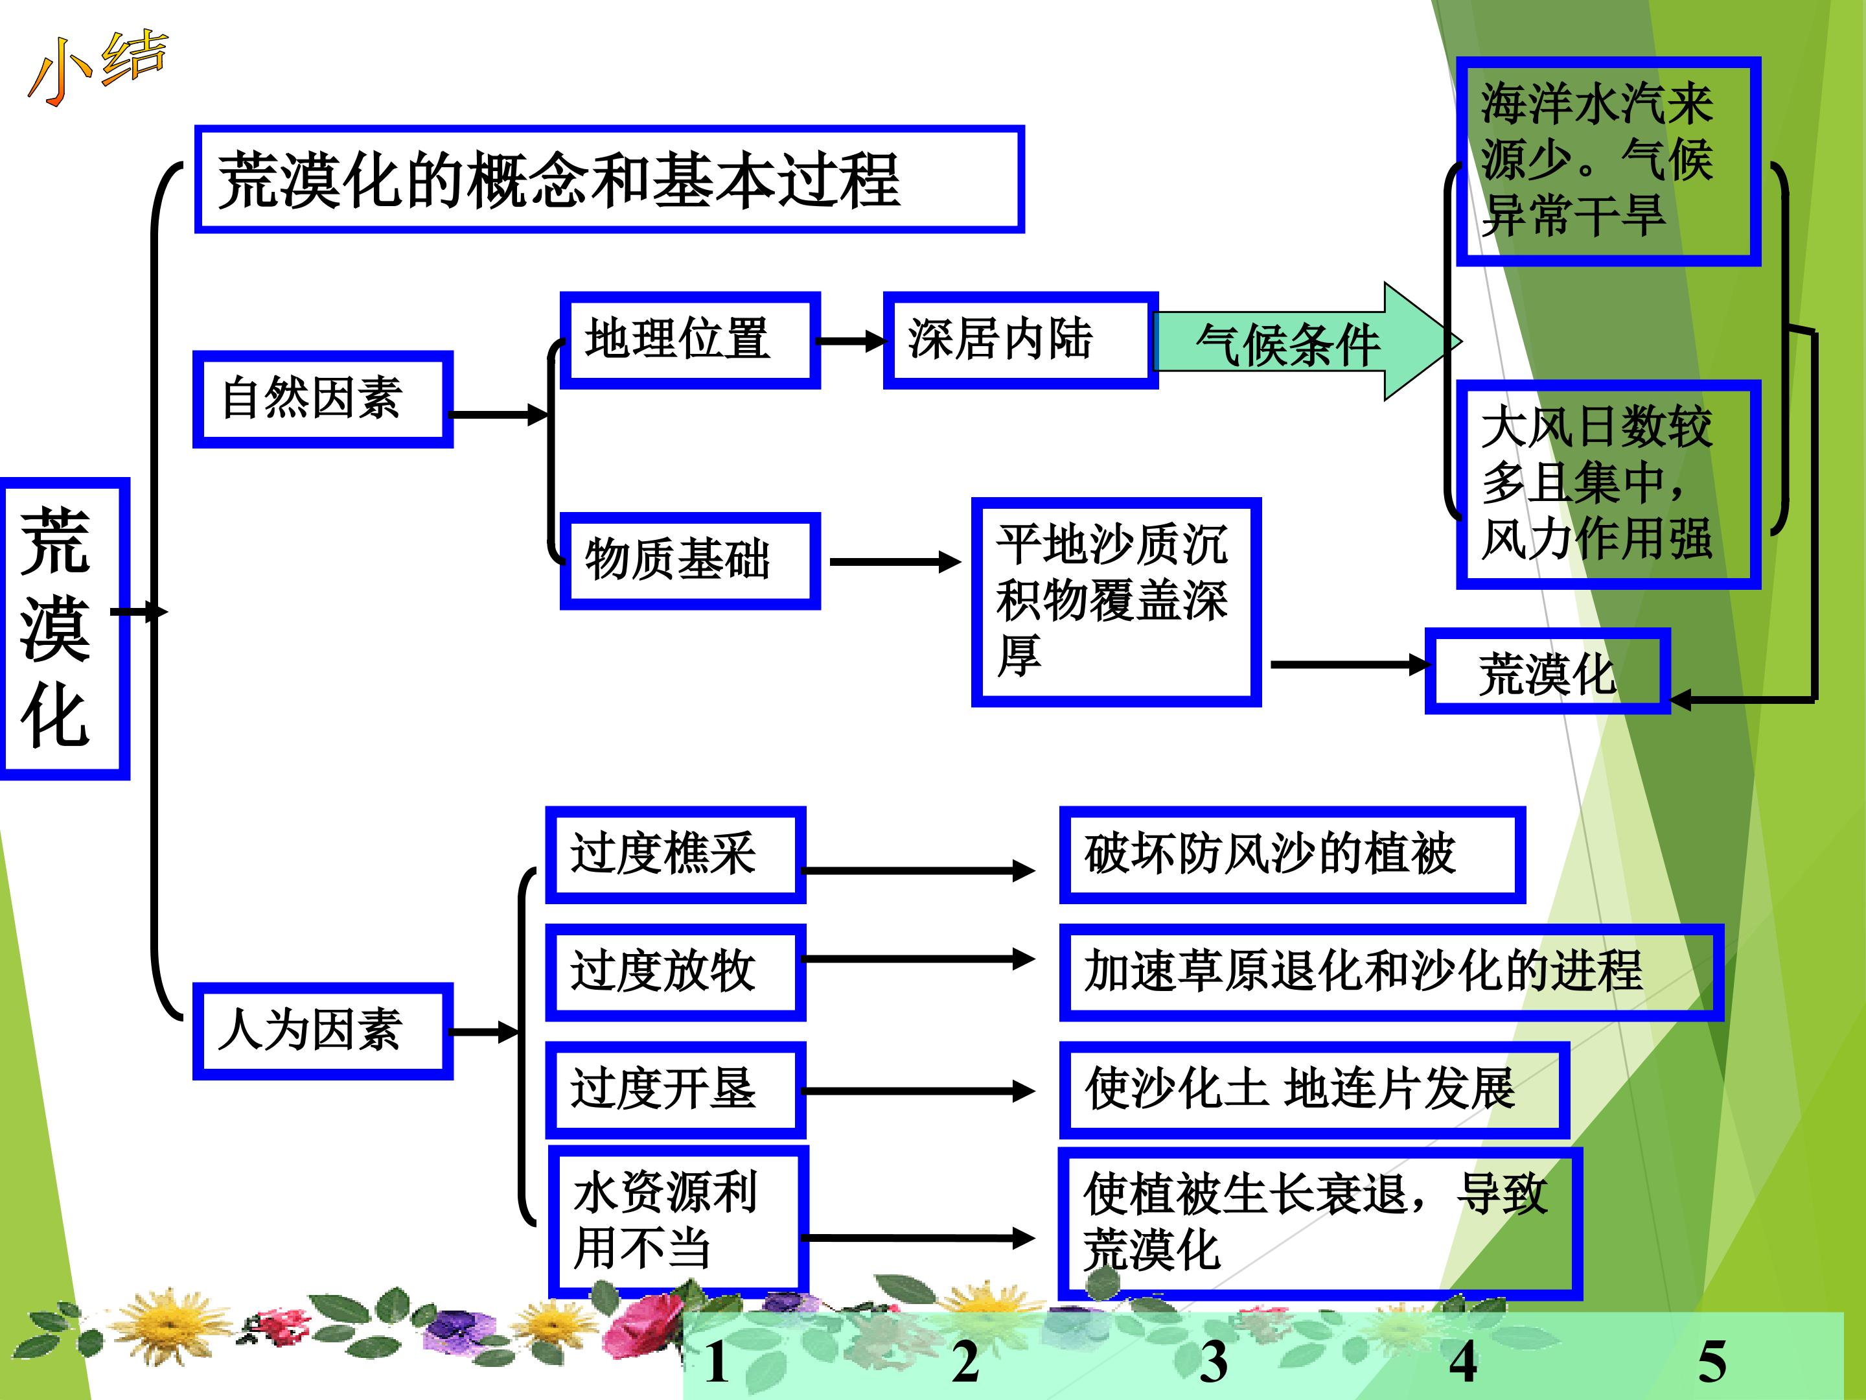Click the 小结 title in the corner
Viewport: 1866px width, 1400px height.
click(x=97, y=67)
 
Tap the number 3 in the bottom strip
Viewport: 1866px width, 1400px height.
click(x=1213, y=1361)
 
